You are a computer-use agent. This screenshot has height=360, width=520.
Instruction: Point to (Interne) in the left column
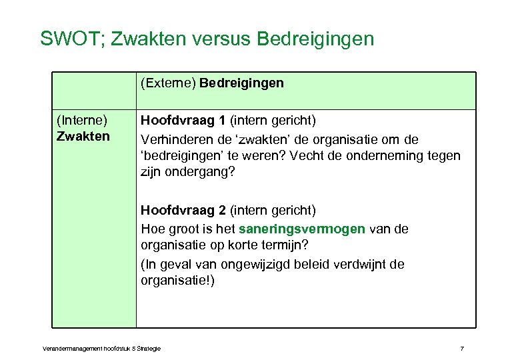pyautogui.click(x=82, y=121)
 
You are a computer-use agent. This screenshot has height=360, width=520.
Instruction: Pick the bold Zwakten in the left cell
pyautogui.click(x=83, y=136)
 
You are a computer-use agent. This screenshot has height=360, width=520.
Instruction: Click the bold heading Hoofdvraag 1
pyautogui.click(x=183, y=121)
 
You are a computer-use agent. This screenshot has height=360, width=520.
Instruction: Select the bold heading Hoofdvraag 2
pyautogui.click(x=183, y=211)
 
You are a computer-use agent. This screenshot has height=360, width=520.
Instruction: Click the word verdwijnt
pyautogui.click(x=361, y=264)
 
